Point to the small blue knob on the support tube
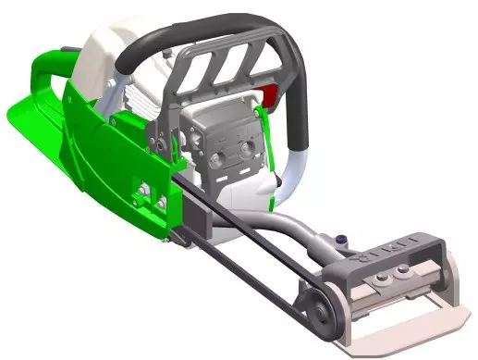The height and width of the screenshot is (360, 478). (344, 240)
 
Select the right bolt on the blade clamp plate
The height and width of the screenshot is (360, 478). (404, 269)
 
